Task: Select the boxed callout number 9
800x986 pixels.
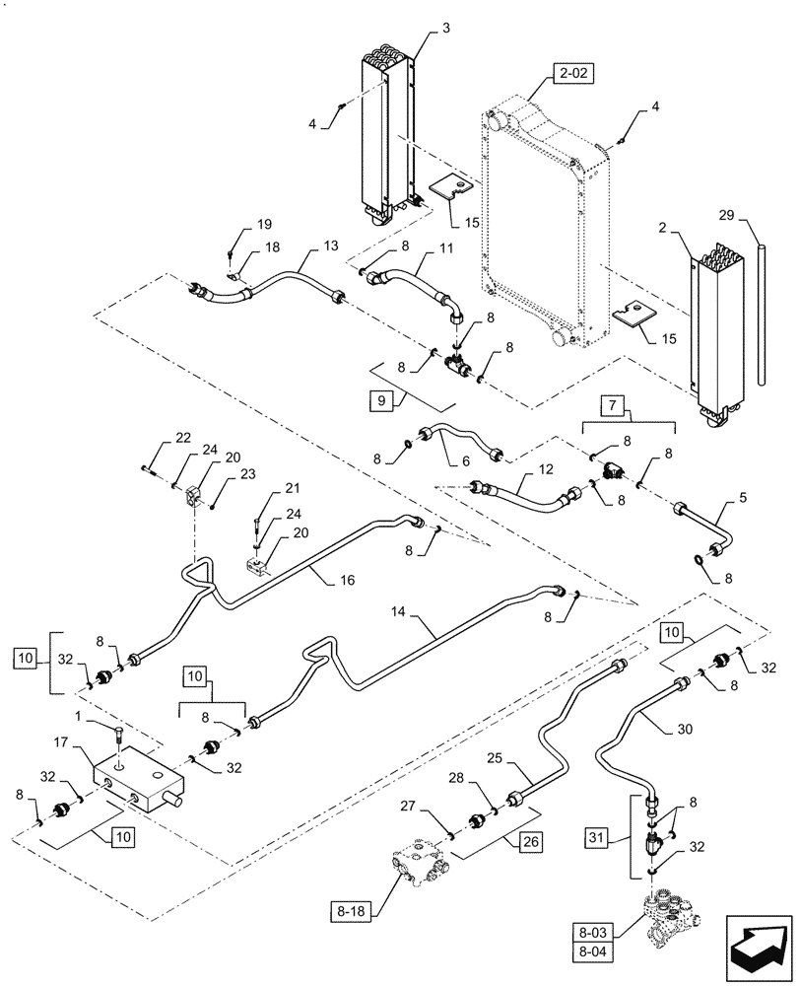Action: coord(381,401)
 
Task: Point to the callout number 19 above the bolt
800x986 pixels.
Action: coord(237,225)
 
